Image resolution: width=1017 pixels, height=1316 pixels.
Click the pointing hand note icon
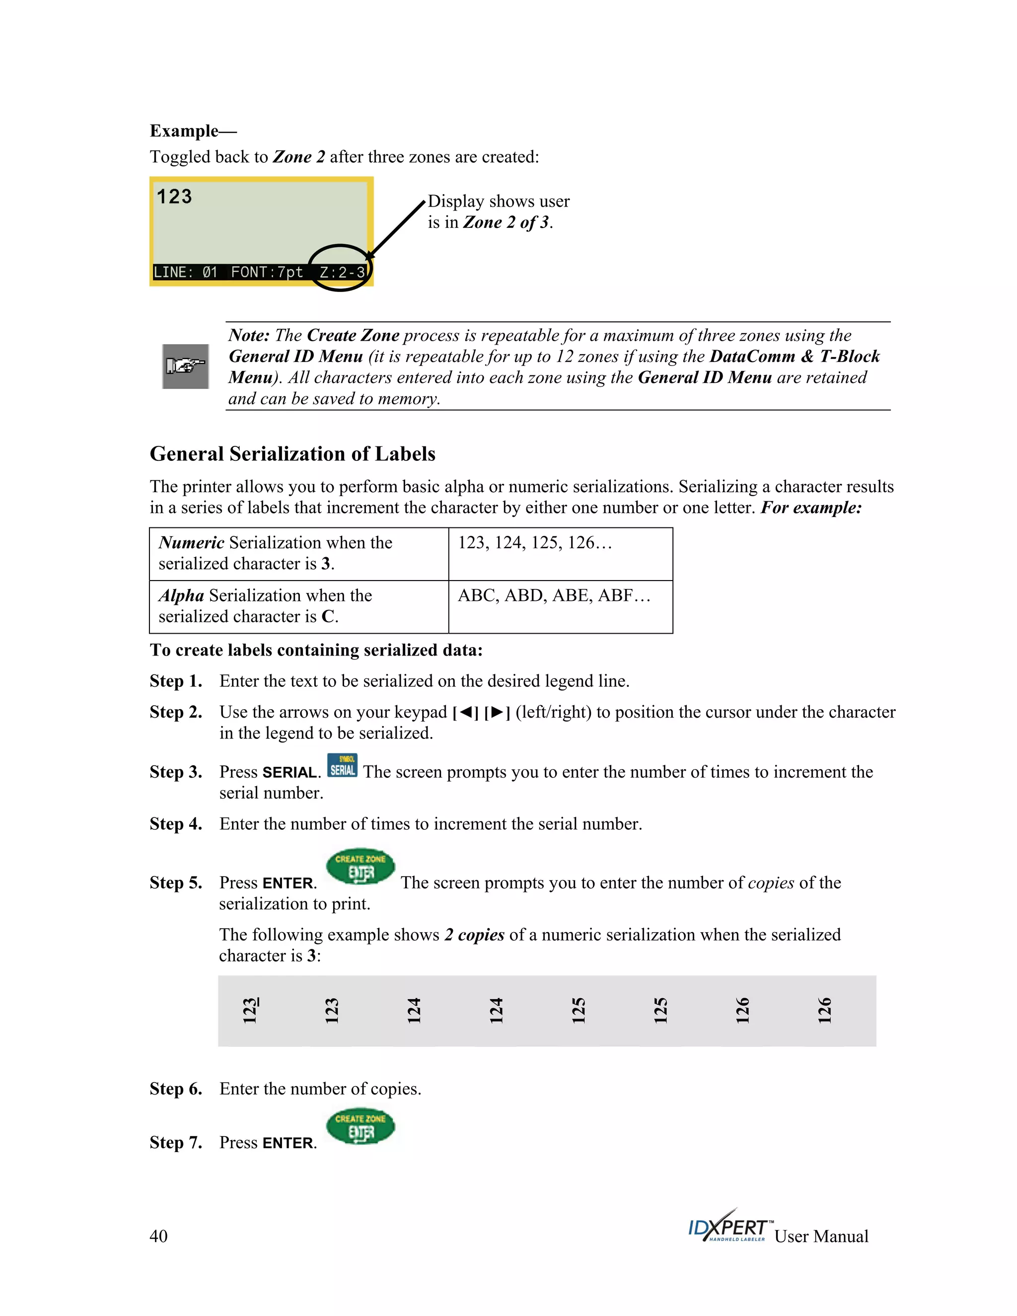tap(186, 366)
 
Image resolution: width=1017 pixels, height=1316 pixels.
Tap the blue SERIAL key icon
tap(342, 765)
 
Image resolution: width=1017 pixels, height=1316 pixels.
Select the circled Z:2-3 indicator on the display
tap(342, 272)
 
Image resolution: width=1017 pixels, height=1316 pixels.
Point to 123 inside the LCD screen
tap(174, 197)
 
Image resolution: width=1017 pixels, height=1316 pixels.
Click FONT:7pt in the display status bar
tap(267, 272)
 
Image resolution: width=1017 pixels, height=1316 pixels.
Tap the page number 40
tap(158, 1237)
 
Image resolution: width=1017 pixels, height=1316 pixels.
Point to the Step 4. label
tap(176, 824)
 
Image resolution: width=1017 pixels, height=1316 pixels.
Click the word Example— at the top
tap(193, 131)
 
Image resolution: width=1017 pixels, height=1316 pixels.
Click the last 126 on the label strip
tap(824, 1011)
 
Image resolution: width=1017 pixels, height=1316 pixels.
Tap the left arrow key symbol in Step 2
tap(466, 713)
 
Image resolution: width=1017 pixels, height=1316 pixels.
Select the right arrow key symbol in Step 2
tap(497, 713)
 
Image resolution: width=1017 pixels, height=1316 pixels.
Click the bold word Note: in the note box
tap(249, 336)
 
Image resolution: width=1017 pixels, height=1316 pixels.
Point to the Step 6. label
tap(176, 1089)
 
